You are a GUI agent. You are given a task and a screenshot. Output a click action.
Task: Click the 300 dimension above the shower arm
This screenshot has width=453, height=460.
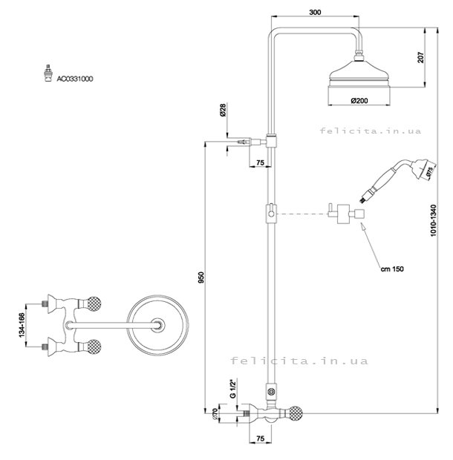click(x=316, y=12)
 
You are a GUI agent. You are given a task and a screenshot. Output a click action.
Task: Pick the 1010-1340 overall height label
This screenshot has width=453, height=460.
click(x=434, y=220)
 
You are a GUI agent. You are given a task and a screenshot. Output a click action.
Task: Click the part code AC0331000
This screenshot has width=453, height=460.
click(x=74, y=77)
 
